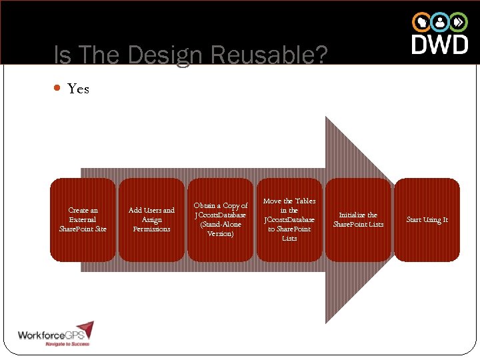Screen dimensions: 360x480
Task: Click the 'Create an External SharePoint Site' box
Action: (83, 219)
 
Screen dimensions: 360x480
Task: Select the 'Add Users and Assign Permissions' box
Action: (151, 219)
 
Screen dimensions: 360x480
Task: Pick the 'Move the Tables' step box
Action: (289, 219)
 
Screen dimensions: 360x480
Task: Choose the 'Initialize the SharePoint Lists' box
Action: (358, 219)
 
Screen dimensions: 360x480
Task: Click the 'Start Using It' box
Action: (427, 219)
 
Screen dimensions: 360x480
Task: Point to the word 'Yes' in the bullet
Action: (78, 89)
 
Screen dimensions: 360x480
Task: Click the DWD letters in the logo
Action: (439, 44)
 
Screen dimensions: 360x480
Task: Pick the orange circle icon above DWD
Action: (421, 22)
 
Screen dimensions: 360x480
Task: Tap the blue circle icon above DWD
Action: (440, 22)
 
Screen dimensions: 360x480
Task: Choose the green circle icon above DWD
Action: (459, 22)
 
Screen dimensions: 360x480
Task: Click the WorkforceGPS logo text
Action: (47, 335)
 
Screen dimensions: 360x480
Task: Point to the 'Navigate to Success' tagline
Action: (67, 344)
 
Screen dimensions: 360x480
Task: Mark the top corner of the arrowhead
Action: (326, 117)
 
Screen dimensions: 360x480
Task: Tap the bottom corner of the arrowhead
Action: (326, 323)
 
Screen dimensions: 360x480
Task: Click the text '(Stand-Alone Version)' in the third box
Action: (220, 229)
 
